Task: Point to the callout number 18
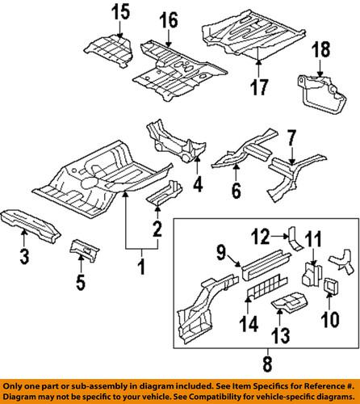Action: click(x=320, y=51)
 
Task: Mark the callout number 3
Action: click(x=24, y=258)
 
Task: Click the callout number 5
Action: click(x=79, y=282)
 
